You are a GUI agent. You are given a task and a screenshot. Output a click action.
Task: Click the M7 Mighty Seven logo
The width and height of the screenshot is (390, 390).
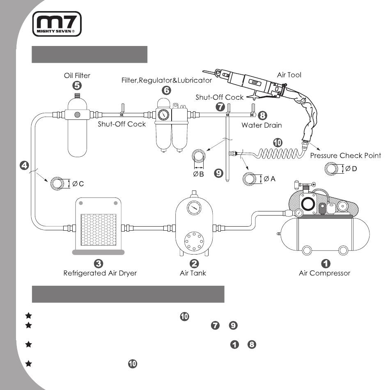57,24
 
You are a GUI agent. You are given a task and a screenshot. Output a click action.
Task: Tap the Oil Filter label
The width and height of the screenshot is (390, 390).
77,76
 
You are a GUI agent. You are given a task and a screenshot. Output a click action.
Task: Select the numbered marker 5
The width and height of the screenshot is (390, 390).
77,85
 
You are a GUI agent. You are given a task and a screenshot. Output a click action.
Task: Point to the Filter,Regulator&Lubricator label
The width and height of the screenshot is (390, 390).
166,80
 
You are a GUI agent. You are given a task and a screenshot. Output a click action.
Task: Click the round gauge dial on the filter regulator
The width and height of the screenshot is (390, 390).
163,115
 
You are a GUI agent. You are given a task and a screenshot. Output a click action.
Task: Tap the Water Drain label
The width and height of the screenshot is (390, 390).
262,125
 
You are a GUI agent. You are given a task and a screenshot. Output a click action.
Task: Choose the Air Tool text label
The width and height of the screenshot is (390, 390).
289,75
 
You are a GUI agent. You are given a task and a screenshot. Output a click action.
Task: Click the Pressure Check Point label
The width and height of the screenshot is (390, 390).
346,156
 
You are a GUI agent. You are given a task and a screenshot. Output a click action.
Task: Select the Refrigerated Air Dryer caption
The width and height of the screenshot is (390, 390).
100,273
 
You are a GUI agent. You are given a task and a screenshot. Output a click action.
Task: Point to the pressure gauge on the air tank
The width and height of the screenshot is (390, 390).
194,208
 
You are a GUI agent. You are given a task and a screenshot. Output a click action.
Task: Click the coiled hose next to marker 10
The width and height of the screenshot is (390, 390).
279,154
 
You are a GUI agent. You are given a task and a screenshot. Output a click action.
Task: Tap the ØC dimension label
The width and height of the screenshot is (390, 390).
78,184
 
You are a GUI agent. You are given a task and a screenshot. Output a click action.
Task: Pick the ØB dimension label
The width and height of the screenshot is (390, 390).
198,174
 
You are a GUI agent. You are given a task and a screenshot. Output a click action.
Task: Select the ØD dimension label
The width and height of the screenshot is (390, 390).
351,169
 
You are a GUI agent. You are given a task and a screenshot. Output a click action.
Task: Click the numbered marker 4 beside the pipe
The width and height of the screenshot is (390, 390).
24,165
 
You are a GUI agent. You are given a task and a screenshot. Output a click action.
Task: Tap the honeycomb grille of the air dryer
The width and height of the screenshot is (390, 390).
99,229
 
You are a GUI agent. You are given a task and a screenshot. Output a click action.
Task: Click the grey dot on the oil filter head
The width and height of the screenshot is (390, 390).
77,115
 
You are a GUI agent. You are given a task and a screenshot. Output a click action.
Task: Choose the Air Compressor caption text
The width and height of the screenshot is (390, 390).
325,273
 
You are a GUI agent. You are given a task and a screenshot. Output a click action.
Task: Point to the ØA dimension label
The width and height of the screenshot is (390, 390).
269,179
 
